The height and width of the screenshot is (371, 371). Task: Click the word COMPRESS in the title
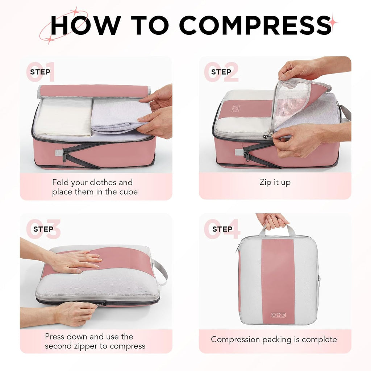point(255,25)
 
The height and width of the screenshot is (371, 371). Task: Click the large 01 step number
point(41,72)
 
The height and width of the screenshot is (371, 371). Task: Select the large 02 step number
point(221,72)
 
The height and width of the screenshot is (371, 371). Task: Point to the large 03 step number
point(43,229)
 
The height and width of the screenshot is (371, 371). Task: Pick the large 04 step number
point(222,229)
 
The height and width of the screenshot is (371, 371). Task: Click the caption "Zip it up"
point(275,182)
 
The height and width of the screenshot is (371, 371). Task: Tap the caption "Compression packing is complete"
point(274,339)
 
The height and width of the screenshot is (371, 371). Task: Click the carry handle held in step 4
point(277,229)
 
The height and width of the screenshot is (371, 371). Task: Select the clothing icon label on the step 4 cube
point(278,314)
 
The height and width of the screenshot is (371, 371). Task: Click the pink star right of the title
point(332,22)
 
